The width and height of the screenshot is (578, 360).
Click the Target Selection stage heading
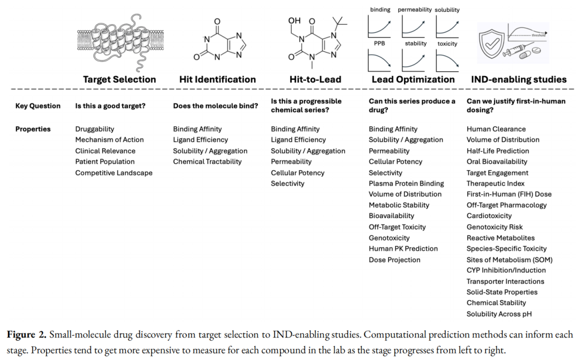119,79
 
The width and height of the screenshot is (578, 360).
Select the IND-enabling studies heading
519,79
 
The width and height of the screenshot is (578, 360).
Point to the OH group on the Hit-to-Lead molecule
294,21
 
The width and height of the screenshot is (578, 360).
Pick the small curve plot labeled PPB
381,60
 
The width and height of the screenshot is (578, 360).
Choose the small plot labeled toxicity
447,60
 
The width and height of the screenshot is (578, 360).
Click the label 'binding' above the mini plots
380,10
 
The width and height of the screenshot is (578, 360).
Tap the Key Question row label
37,106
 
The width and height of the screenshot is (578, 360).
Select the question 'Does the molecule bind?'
215,106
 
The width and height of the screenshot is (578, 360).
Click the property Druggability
95,129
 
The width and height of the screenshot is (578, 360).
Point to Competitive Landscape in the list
113,173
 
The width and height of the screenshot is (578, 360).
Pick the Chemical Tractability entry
207,162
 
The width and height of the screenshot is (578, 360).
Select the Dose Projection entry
394,260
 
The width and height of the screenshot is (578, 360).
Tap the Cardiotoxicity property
489,216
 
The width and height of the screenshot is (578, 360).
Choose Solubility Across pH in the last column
499,314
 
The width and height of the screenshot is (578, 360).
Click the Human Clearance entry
496,129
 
